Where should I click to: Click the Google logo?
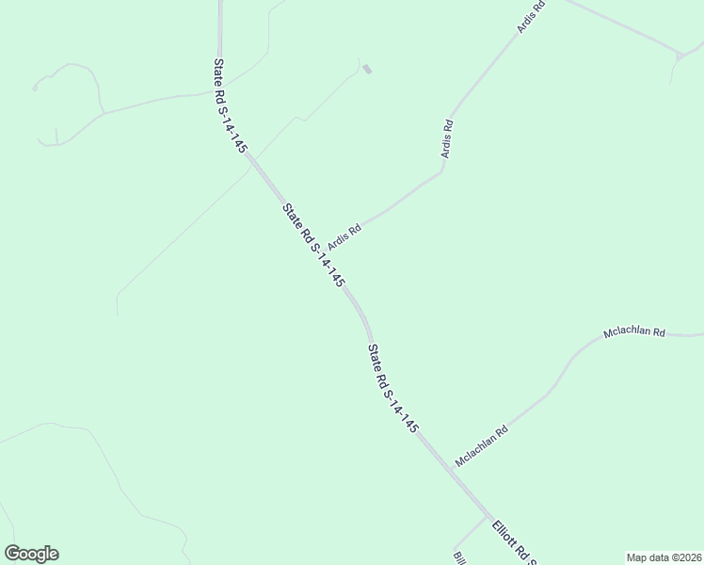[31, 554]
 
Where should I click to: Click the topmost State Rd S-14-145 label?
[230, 105]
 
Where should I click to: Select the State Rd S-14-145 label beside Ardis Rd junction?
[314, 246]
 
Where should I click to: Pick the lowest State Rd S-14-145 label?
[392, 388]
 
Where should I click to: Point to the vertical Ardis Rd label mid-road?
[449, 137]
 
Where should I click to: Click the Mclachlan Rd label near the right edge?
[633, 333]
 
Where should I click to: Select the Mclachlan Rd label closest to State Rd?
[481, 446]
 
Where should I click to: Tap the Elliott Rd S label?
[513, 544]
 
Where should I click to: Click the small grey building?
[367, 69]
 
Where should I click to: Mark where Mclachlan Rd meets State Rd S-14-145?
[441, 460]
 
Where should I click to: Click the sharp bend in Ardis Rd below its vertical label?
[442, 170]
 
